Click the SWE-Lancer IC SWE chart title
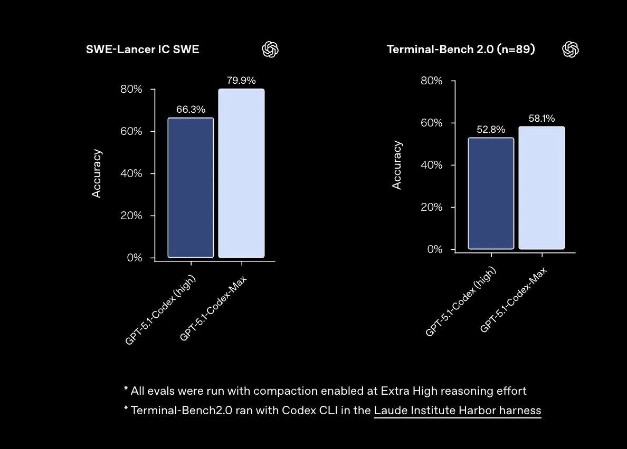(142, 50)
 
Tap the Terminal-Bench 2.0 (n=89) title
(461, 50)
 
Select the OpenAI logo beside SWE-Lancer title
(270, 50)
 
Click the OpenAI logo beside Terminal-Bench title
(571, 50)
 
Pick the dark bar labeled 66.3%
(191, 188)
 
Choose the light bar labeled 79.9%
(241, 173)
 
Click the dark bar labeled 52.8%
(491, 193)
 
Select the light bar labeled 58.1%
(541, 188)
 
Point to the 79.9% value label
(241, 81)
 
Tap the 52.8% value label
(491, 130)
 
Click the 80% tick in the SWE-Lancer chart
(131, 90)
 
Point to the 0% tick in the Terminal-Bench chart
(434, 249)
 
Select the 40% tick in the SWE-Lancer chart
(131, 174)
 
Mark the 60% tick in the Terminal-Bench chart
(431, 123)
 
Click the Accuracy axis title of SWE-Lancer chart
(97, 173)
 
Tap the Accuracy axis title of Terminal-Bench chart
(397, 165)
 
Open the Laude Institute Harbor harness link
(457, 410)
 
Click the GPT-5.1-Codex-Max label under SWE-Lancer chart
(214, 308)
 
